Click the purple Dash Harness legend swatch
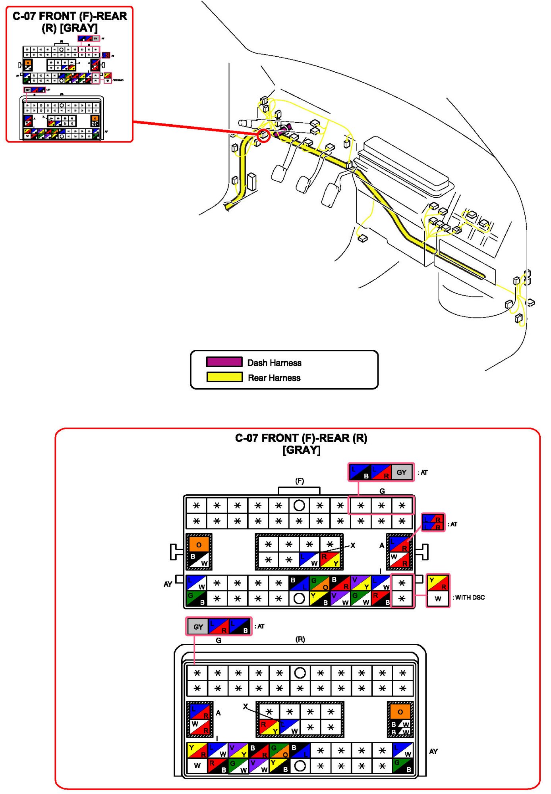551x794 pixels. (224, 362)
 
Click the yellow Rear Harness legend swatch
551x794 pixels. (224, 377)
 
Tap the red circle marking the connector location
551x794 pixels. (264, 135)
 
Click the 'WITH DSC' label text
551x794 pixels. (470, 597)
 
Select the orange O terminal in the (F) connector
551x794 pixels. (199, 545)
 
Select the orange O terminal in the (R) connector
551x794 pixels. (400, 712)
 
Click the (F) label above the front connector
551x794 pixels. (299, 481)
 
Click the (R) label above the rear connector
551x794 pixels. (300, 639)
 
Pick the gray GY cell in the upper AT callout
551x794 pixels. (401, 472)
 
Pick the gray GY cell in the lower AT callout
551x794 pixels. (198, 627)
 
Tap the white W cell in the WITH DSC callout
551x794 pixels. (438, 599)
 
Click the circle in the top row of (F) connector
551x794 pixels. (299, 505)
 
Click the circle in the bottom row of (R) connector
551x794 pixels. (300, 765)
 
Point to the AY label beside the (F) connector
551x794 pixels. (168, 584)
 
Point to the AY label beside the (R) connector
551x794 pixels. (433, 751)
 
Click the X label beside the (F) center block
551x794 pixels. (353, 545)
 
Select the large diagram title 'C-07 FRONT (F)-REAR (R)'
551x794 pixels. (301, 438)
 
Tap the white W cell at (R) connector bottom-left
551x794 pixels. (197, 765)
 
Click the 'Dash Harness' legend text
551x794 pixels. (274, 362)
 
